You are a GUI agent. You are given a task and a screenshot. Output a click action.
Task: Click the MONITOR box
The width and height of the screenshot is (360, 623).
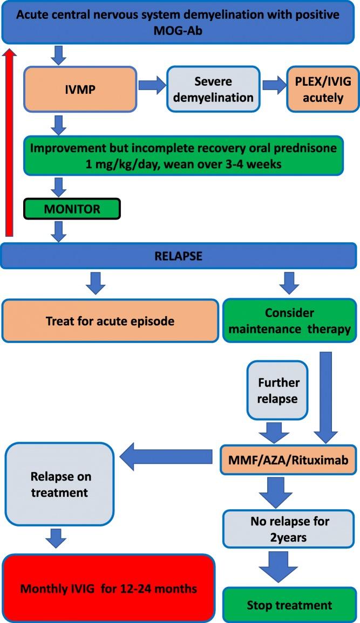71,209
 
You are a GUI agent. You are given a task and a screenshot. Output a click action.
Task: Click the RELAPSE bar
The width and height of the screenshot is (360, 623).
180,256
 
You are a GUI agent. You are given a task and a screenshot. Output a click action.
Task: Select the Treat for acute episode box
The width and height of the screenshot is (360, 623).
110,321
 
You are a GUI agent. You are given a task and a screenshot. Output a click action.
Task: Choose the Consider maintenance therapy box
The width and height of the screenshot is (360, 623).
289,321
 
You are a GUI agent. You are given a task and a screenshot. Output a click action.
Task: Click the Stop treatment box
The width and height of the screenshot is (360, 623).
289,605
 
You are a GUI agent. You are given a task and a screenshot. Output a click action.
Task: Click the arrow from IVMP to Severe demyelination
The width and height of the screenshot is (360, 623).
151,85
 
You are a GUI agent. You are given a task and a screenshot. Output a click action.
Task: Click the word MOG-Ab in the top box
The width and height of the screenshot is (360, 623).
180,32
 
